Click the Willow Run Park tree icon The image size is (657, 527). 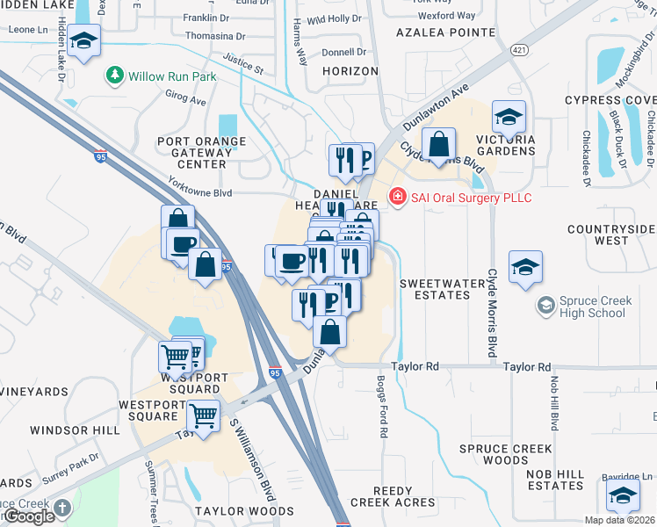pyautogui.click(x=114, y=76)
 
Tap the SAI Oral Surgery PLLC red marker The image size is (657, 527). pyautogui.click(x=397, y=198)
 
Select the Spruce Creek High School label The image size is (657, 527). pyautogui.click(x=583, y=307)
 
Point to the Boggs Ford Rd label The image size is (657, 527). pyautogui.click(x=382, y=405)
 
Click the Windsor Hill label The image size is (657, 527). pyautogui.click(x=75, y=430)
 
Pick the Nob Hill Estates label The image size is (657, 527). pyautogui.click(x=555, y=480)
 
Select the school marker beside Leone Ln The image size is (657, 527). pyautogui.click(x=83, y=41)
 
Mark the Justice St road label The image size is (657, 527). pyautogui.click(x=243, y=62)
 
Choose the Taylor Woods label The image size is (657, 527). pyautogui.click(x=244, y=510)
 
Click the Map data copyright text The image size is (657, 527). pyautogui.click(x=619, y=520)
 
